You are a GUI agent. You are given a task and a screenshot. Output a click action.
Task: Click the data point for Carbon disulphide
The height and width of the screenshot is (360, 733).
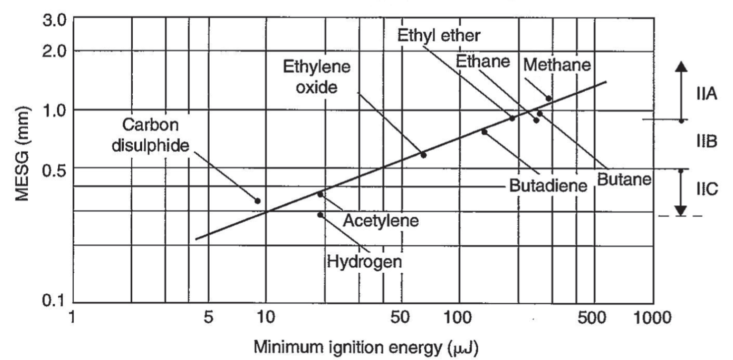257,200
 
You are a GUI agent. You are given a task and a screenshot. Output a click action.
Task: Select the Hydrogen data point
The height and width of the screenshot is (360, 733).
320,215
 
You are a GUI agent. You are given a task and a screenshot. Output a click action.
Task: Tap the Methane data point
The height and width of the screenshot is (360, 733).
549,98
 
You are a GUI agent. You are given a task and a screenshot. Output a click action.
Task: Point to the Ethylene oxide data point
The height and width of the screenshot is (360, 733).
423,155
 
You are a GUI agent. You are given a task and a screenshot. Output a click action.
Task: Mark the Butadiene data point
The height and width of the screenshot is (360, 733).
484,131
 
